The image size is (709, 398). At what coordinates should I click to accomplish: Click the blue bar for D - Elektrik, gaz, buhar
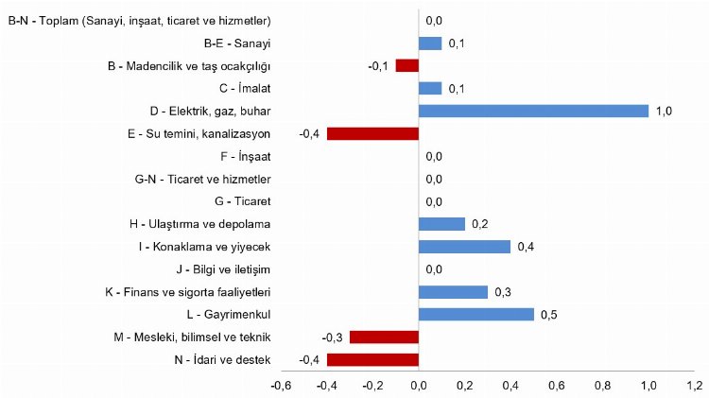coord(533,111)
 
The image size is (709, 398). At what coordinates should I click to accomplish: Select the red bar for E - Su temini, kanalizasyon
coord(372,133)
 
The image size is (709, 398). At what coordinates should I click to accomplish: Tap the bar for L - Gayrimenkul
coord(476,314)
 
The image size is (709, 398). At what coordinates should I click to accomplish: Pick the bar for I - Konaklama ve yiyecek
coord(464,247)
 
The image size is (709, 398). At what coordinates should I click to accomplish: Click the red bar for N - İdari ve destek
coord(372,359)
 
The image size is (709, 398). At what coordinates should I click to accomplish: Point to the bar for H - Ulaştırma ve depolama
coord(441,224)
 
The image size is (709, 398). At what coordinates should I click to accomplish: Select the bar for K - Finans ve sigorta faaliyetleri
coord(453,292)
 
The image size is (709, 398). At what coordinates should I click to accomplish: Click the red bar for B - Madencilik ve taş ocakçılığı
coord(406,65)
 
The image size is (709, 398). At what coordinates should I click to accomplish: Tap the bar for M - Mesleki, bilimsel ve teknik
coord(384,337)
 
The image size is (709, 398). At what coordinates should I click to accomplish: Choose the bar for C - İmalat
coord(430,88)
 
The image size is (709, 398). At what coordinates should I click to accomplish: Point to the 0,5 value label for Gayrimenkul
coord(548,315)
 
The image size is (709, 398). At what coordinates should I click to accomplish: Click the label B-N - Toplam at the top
coord(139,20)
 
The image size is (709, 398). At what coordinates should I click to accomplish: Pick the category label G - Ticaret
coord(243,201)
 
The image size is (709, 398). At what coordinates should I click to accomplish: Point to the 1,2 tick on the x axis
coord(694,386)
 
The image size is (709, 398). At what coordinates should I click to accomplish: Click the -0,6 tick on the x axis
coord(281,386)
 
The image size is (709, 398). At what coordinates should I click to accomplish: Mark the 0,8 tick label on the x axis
coord(602,386)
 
